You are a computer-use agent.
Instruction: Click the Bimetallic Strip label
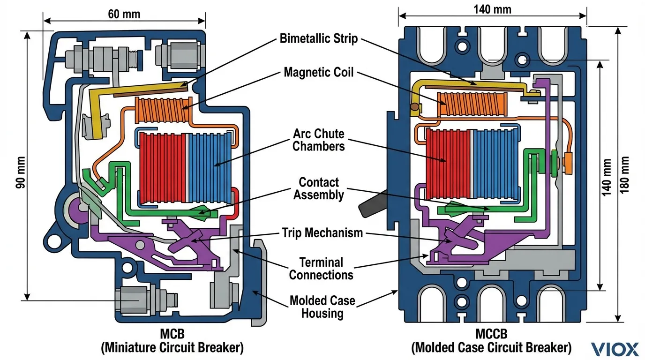(x=319, y=38)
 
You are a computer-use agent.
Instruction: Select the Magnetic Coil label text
(x=319, y=73)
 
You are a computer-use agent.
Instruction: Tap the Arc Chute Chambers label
(x=319, y=139)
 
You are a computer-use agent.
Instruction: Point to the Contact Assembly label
(x=319, y=188)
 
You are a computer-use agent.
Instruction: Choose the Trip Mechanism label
(x=322, y=232)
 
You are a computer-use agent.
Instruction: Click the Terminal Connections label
(x=321, y=268)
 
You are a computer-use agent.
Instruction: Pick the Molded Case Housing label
(x=322, y=307)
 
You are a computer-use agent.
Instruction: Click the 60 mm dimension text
(x=124, y=14)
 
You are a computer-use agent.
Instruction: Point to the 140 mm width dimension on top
(x=492, y=9)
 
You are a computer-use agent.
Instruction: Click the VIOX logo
(x=615, y=349)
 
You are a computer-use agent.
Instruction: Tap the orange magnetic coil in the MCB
(x=164, y=109)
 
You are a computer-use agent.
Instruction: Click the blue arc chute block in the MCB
(x=211, y=166)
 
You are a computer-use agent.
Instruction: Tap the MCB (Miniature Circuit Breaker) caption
(x=172, y=341)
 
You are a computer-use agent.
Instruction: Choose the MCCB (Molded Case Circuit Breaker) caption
(x=491, y=341)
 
